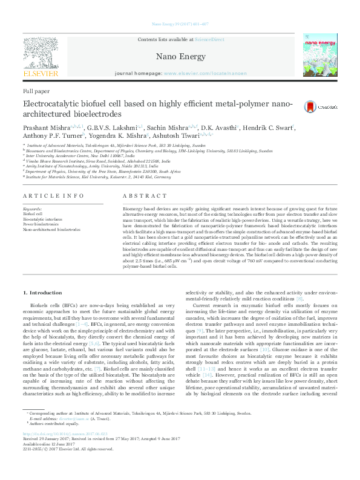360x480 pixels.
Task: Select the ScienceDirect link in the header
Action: pos(209,39)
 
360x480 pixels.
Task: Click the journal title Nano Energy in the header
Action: pos(179,57)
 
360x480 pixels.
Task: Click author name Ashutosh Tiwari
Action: pos(181,137)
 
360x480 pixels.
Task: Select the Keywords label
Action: pos(33,209)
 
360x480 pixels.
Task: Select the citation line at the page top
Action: pos(179,24)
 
